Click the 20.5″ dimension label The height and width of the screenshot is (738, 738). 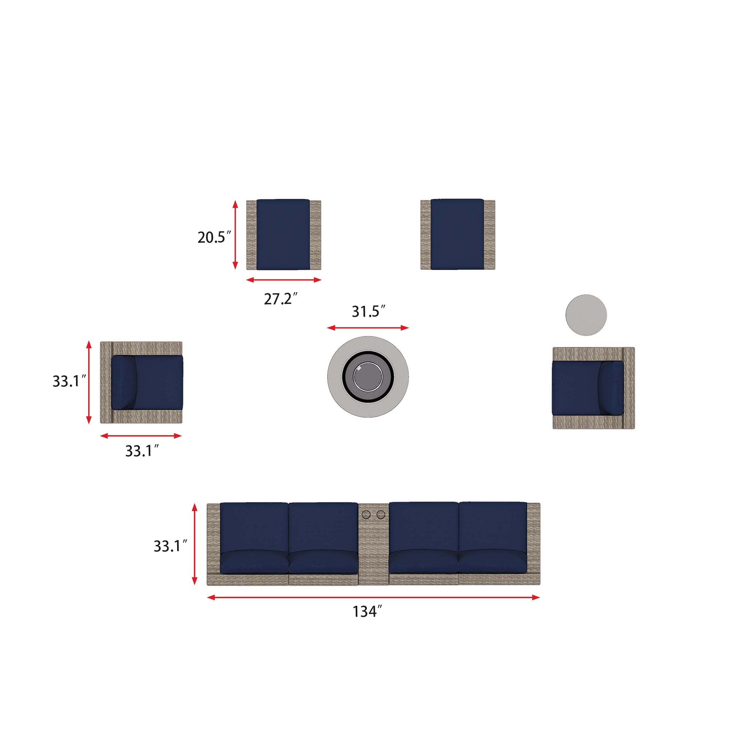[214, 237]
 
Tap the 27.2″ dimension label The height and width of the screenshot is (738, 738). [281, 299]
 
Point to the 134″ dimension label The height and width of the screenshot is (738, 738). [367, 611]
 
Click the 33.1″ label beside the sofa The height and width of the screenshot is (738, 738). [170, 546]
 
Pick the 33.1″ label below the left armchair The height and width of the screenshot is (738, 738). [142, 451]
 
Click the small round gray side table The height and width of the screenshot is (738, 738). [586, 315]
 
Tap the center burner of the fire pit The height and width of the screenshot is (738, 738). [368, 376]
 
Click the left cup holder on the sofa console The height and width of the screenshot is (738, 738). [366, 514]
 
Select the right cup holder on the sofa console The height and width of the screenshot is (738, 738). [381, 514]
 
